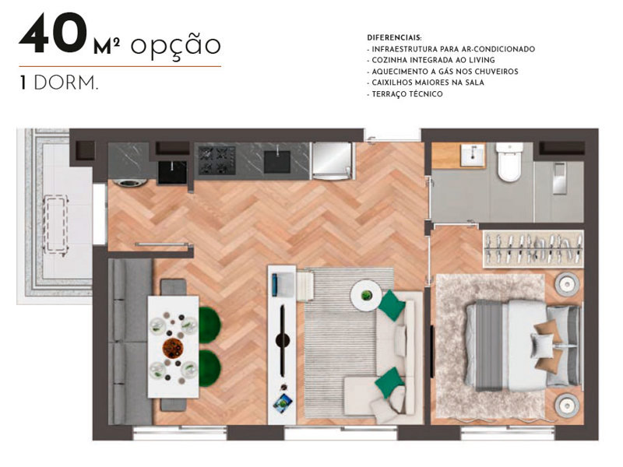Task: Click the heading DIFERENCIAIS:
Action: (x=394, y=37)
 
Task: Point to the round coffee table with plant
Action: (x=366, y=295)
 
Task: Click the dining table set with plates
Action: (x=174, y=346)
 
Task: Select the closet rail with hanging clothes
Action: (x=531, y=248)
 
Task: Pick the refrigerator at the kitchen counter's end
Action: (x=334, y=161)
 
